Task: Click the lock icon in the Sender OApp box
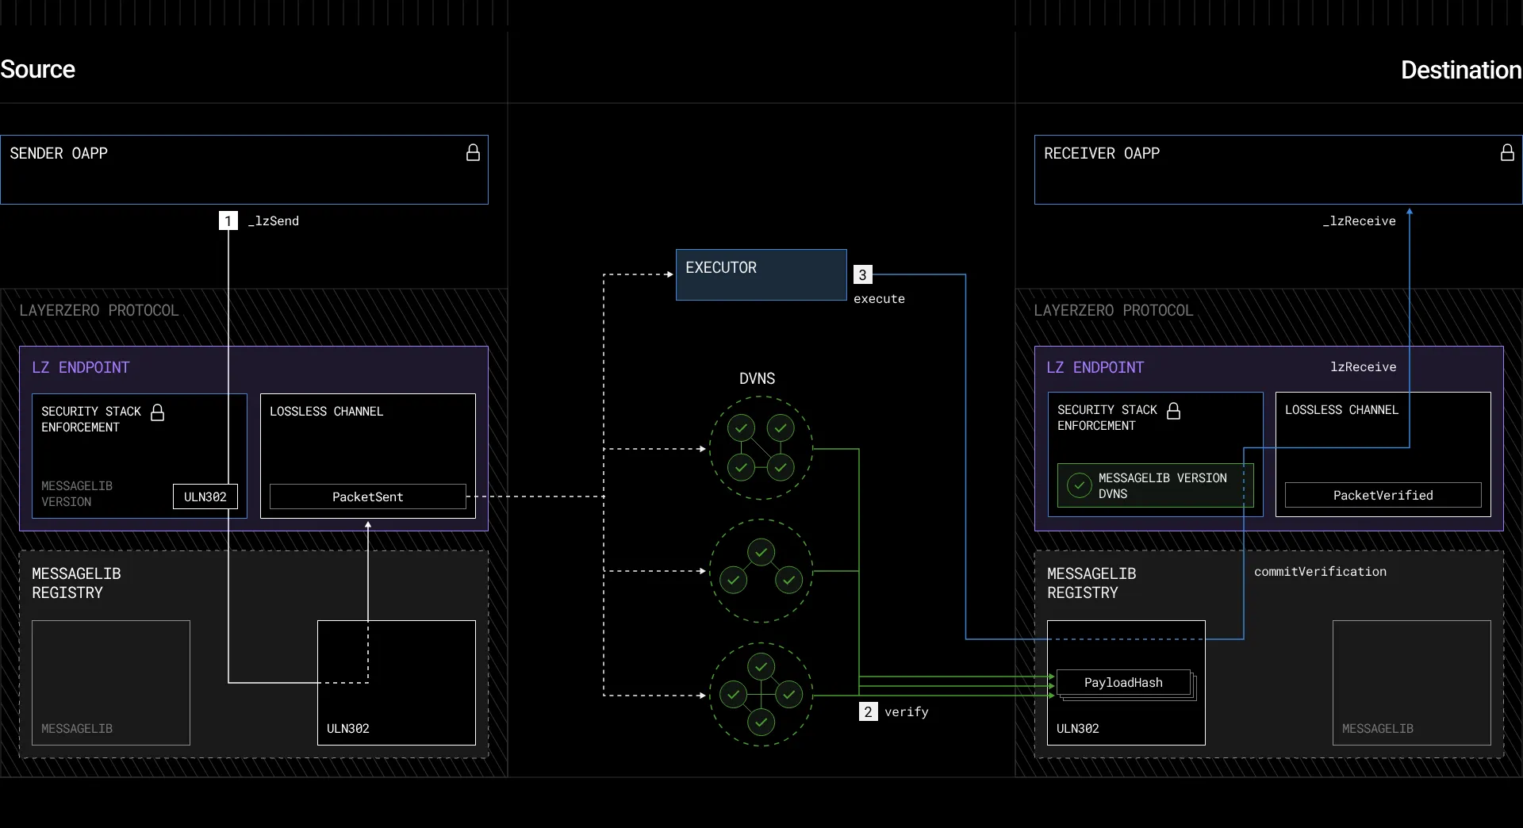point(473,153)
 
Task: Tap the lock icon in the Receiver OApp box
point(1507,153)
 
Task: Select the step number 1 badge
point(228,220)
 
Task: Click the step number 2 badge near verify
point(868,711)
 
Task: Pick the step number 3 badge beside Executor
point(862,274)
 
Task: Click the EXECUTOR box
point(761,275)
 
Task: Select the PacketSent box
point(368,496)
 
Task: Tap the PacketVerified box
point(1383,495)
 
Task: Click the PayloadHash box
point(1124,682)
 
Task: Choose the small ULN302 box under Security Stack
point(205,496)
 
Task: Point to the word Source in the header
point(37,70)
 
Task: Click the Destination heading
point(1461,70)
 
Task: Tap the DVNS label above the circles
point(758,378)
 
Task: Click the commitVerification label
point(1321,571)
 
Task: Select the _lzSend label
point(274,220)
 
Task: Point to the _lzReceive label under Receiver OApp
point(1360,220)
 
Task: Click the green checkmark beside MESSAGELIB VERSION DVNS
point(1080,485)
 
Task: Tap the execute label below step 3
point(879,298)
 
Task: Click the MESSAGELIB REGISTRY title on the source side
point(76,583)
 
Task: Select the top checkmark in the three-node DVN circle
point(761,552)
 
